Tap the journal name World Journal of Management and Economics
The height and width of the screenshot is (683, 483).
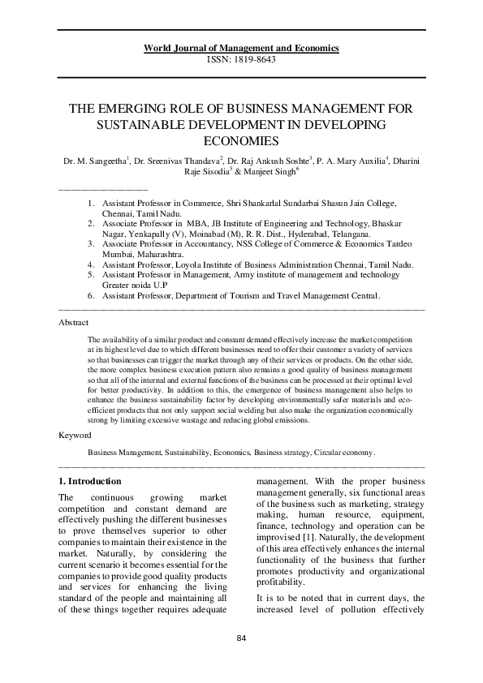pyautogui.click(x=241, y=49)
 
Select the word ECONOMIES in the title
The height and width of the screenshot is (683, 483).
pyautogui.click(x=241, y=140)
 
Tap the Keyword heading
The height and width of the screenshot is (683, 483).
pyautogui.click(x=75, y=436)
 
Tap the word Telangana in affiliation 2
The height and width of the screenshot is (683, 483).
pyautogui.click(x=350, y=234)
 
